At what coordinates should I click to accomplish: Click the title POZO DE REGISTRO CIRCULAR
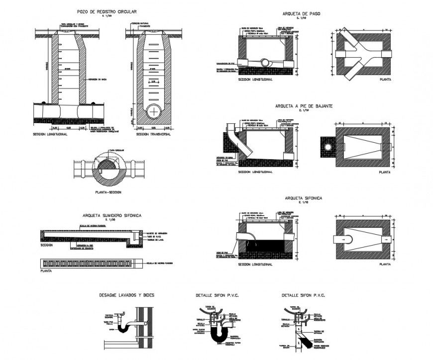[x=107, y=11]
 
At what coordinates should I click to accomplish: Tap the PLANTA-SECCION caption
[x=108, y=192]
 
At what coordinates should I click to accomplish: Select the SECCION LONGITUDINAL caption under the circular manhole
[x=50, y=134]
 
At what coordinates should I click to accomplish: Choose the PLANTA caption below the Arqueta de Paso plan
[x=385, y=79]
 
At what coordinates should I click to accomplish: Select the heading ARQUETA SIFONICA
[x=303, y=198]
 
